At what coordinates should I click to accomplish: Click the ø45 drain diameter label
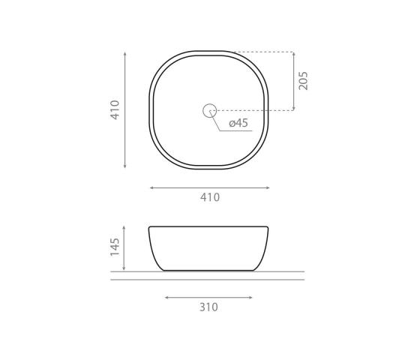pyautogui.click(x=238, y=123)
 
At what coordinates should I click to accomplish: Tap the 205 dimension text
pyautogui.click(x=303, y=81)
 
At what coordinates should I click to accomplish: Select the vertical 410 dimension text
pyautogui.click(x=115, y=109)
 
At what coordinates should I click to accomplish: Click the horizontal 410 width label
pyautogui.click(x=210, y=197)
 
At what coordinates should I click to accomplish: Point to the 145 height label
pyautogui.click(x=115, y=247)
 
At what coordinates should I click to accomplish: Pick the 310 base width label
pyautogui.click(x=208, y=307)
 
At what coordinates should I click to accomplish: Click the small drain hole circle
pyautogui.click(x=209, y=110)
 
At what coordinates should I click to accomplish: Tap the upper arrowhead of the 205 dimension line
pyautogui.click(x=293, y=54)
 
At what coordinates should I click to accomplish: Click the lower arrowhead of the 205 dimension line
pyautogui.click(x=293, y=108)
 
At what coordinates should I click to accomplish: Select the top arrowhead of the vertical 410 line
pyautogui.click(x=125, y=55)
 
